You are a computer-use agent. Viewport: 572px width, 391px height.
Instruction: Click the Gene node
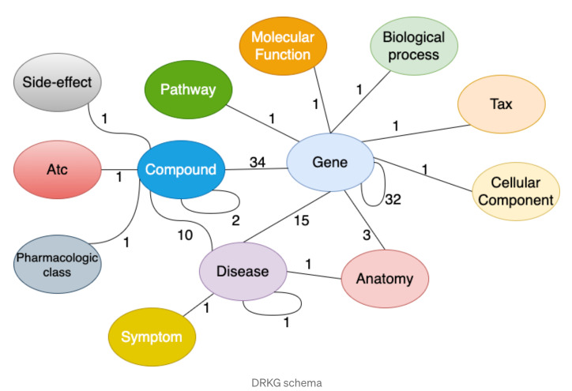click(x=330, y=162)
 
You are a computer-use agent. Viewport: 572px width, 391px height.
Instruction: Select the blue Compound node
click(x=181, y=170)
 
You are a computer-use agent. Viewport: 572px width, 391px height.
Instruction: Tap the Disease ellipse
click(x=243, y=272)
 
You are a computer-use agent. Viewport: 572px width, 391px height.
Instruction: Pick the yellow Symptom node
click(x=152, y=336)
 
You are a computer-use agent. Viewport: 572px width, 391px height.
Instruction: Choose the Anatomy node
click(x=385, y=279)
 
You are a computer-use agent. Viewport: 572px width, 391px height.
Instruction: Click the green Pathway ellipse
click(x=188, y=89)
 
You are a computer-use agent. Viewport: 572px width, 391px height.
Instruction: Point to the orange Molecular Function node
click(x=283, y=46)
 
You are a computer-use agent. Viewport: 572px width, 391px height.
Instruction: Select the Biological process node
click(x=414, y=46)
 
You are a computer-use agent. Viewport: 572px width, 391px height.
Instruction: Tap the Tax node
click(x=502, y=104)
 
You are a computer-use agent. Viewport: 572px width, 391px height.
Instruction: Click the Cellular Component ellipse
click(x=516, y=191)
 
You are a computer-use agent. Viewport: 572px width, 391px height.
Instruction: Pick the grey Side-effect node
click(x=57, y=82)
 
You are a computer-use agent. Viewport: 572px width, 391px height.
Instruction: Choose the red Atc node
click(x=57, y=170)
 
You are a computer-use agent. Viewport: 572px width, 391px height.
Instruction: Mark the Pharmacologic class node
click(x=57, y=265)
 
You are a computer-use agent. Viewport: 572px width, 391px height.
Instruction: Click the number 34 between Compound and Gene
click(x=258, y=162)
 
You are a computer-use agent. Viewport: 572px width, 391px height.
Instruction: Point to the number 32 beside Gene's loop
click(x=393, y=199)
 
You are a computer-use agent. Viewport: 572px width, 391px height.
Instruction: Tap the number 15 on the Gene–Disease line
click(x=302, y=220)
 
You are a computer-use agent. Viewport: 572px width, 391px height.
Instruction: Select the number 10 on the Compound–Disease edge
click(x=185, y=235)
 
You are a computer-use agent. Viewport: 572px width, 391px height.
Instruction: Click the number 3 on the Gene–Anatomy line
click(x=367, y=235)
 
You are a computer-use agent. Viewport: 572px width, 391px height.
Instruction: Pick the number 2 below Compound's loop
click(x=235, y=220)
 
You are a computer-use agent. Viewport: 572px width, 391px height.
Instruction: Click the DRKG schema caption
click(x=287, y=383)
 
